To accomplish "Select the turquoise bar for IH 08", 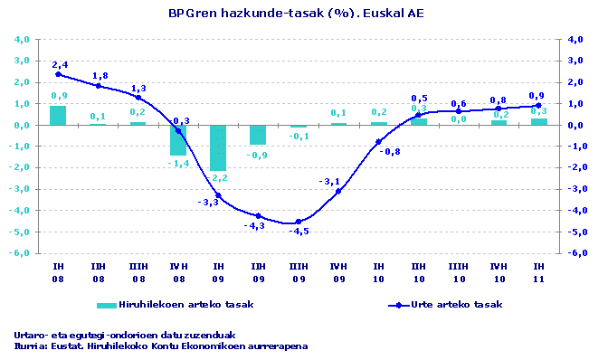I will point(58,115).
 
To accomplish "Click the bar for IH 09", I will point(218,147).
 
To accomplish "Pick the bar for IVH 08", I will point(178,140).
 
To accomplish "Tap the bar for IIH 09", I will point(258,135).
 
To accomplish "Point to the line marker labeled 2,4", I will point(58,74).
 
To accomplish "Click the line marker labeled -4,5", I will point(299,222).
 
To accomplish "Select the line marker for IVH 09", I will point(338,192).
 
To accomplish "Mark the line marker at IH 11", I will point(538,106).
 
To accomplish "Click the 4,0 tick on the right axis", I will point(575,39).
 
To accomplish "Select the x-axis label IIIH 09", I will point(298,273).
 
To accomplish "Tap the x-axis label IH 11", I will point(538,273).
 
